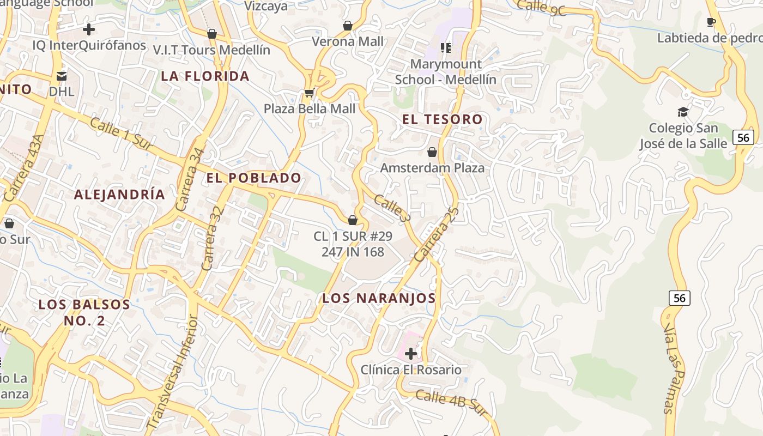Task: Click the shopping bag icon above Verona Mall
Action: coord(348,26)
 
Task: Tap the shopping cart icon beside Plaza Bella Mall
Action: coord(309,93)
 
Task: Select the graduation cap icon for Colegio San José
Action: coord(683,112)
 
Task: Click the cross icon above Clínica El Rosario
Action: coord(411,354)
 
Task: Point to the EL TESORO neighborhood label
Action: coord(443,119)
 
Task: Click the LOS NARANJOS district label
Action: coord(379,298)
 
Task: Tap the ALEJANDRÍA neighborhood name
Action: coord(119,195)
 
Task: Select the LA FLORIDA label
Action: coord(205,76)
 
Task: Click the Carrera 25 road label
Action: coord(437,234)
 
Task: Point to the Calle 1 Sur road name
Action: coord(120,132)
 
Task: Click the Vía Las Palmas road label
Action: coord(673,368)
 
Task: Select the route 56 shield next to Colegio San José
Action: coord(743,137)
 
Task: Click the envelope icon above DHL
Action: coord(62,75)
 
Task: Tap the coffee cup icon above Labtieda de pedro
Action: coord(711,22)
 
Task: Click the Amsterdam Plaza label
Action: coord(432,167)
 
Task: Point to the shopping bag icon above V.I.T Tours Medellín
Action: coord(212,34)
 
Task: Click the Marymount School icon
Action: coord(446,48)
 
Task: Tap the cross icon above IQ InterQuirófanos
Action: coord(89,29)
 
